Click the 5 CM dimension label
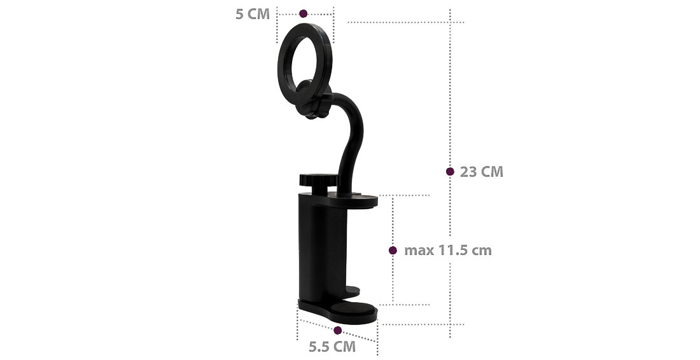[x=253, y=14]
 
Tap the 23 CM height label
[x=482, y=172]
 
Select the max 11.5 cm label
[x=448, y=251]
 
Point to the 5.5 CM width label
[x=332, y=347]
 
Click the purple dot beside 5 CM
[x=304, y=13]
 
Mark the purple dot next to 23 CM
[x=450, y=172]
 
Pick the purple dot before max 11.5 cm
[x=393, y=251]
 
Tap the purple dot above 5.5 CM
[x=338, y=330]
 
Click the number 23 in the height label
[x=468, y=172]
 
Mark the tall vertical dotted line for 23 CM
[x=451, y=95]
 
